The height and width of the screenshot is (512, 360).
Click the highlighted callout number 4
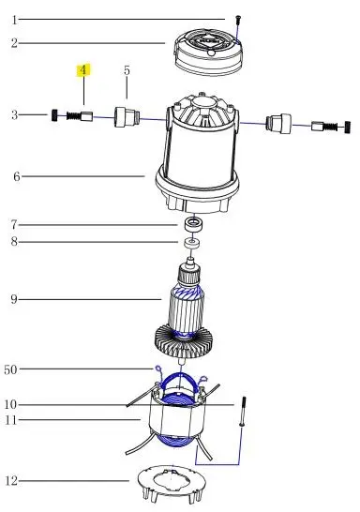83,70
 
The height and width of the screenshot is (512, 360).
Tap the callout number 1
14,20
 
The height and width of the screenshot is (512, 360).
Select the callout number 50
10,369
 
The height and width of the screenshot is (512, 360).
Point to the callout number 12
11,481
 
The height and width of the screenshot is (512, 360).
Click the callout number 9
14,299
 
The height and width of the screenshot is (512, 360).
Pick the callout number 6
17,176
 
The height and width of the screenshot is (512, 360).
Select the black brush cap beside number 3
54,115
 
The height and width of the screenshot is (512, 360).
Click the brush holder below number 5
127,116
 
